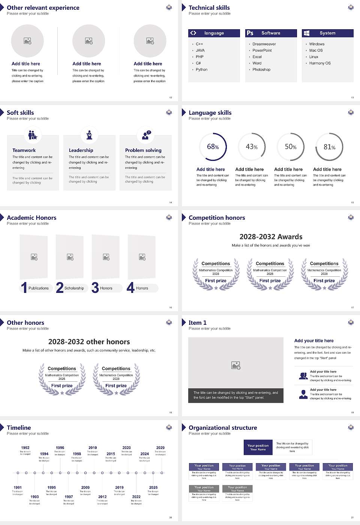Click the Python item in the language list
coord(201,70)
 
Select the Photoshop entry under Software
coord(261,70)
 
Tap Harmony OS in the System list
coord(320,63)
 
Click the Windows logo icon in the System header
coord(307,33)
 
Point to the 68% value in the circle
coord(213,147)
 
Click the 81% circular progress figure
coord(329,147)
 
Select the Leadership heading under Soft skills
coord(81,150)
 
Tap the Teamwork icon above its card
coord(33,135)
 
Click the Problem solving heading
coord(143,150)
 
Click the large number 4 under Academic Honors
coord(130,288)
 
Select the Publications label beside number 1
coord(38,288)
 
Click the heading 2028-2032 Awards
coord(271,237)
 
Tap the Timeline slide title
coord(19,428)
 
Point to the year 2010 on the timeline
coord(93,448)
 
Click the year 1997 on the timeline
coord(69,497)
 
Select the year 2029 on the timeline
coord(160,448)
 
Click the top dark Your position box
coord(258,447)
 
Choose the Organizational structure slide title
coord(223,428)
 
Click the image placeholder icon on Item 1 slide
coord(236,365)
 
